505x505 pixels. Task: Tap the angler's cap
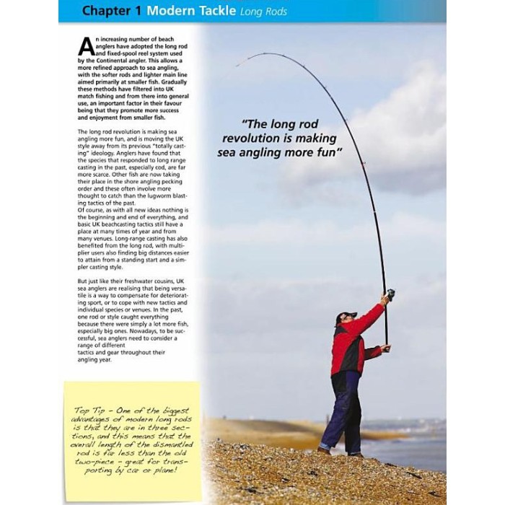point(347,315)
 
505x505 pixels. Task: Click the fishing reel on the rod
point(390,294)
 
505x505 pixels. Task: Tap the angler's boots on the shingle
point(339,452)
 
